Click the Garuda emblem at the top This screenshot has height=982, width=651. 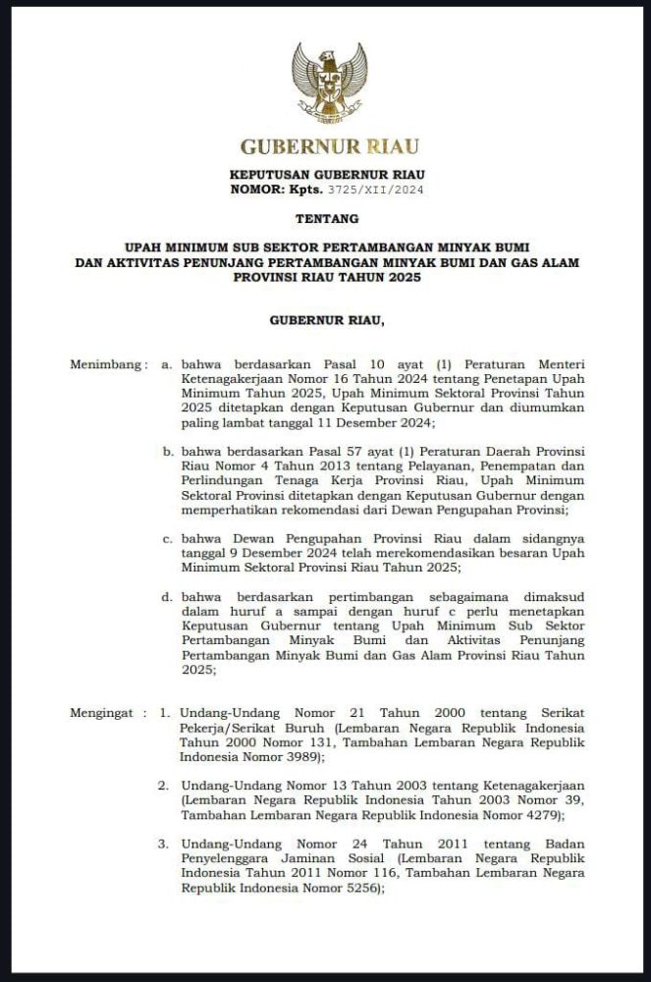[329, 82]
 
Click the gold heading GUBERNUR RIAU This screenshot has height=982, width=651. [330, 147]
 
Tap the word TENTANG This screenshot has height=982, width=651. [327, 218]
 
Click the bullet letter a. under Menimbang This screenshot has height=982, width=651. [167, 364]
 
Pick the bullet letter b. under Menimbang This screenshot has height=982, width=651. [168, 451]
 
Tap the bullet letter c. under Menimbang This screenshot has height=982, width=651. [168, 538]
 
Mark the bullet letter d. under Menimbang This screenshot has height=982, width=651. [168, 597]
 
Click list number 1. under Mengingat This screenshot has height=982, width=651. [166, 714]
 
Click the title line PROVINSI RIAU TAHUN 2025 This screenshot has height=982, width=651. [327, 278]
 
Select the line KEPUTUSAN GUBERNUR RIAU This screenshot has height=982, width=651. [327, 174]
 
